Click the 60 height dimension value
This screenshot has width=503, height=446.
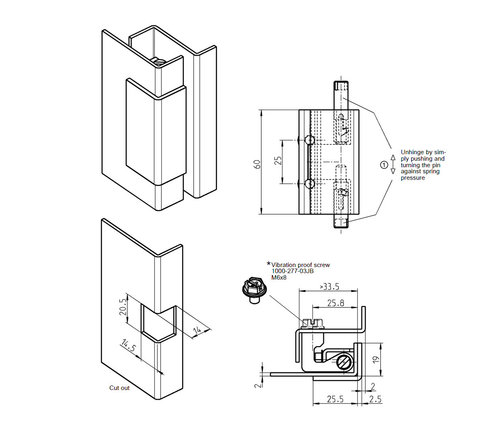click(x=257, y=164)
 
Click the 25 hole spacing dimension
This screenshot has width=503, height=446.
click(x=278, y=161)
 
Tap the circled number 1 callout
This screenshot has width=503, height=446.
click(x=384, y=165)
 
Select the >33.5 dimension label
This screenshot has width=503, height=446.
click(x=329, y=287)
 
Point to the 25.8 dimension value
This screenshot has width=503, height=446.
click(x=335, y=303)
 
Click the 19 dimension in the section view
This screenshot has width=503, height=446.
click(x=376, y=360)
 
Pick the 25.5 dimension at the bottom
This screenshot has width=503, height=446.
click(x=335, y=399)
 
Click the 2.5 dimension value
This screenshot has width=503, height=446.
click(x=375, y=399)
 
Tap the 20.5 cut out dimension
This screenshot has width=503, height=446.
click(x=123, y=307)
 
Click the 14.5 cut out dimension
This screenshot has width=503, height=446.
click(x=129, y=346)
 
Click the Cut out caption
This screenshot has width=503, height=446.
click(x=119, y=388)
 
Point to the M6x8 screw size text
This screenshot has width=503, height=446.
click(x=279, y=278)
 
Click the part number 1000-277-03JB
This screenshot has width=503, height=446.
click(x=292, y=271)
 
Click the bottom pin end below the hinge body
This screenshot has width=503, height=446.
click(x=341, y=222)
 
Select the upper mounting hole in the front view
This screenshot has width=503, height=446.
click(x=310, y=140)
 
